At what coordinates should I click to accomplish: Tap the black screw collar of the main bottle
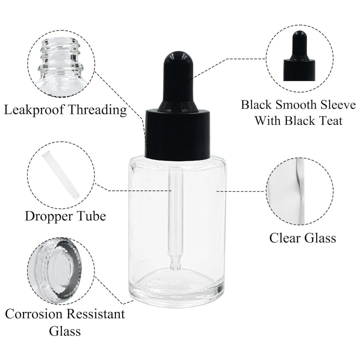click(176, 132)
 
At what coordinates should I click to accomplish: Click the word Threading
click(99, 110)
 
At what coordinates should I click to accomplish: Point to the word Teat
click(328, 121)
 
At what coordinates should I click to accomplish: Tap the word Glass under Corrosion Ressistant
click(65, 332)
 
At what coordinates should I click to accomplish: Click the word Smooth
click(293, 105)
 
